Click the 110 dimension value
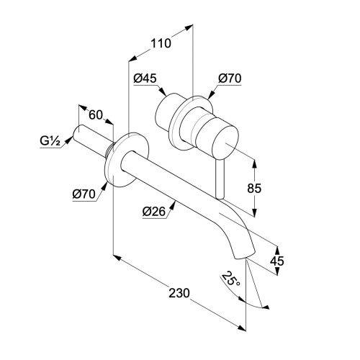click(161, 43)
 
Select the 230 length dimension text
click(179, 293)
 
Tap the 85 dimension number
click(254, 188)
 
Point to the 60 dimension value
click(96, 114)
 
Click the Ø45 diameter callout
click(145, 78)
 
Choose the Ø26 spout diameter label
click(154, 212)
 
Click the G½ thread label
click(50, 141)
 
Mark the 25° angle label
click(230, 279)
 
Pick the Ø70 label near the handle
click(230, 78)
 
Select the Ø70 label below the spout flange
click(84, 194)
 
